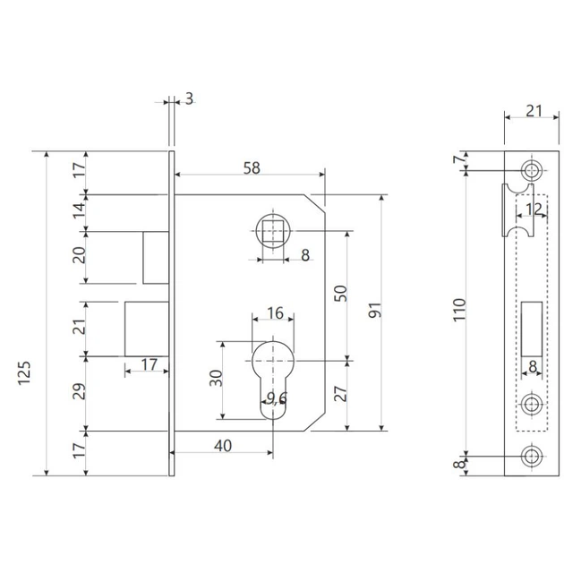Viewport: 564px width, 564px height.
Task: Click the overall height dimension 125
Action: click(25, 373)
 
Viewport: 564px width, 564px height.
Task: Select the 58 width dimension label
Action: click(252, 168)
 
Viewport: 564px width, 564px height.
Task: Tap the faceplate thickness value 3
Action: click(189, 98)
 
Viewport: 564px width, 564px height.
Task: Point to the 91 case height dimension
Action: click(374, 310)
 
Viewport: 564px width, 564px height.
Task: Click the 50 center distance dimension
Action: click(340, 293)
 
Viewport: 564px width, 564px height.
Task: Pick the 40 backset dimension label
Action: click(223, 446)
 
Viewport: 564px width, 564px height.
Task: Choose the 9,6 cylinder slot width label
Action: click(277, 397)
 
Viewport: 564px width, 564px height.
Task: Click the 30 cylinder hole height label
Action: click(216, 378)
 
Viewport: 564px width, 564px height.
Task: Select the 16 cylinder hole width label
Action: click(275, 313)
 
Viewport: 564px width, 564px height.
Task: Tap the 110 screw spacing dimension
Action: click(459, 310)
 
